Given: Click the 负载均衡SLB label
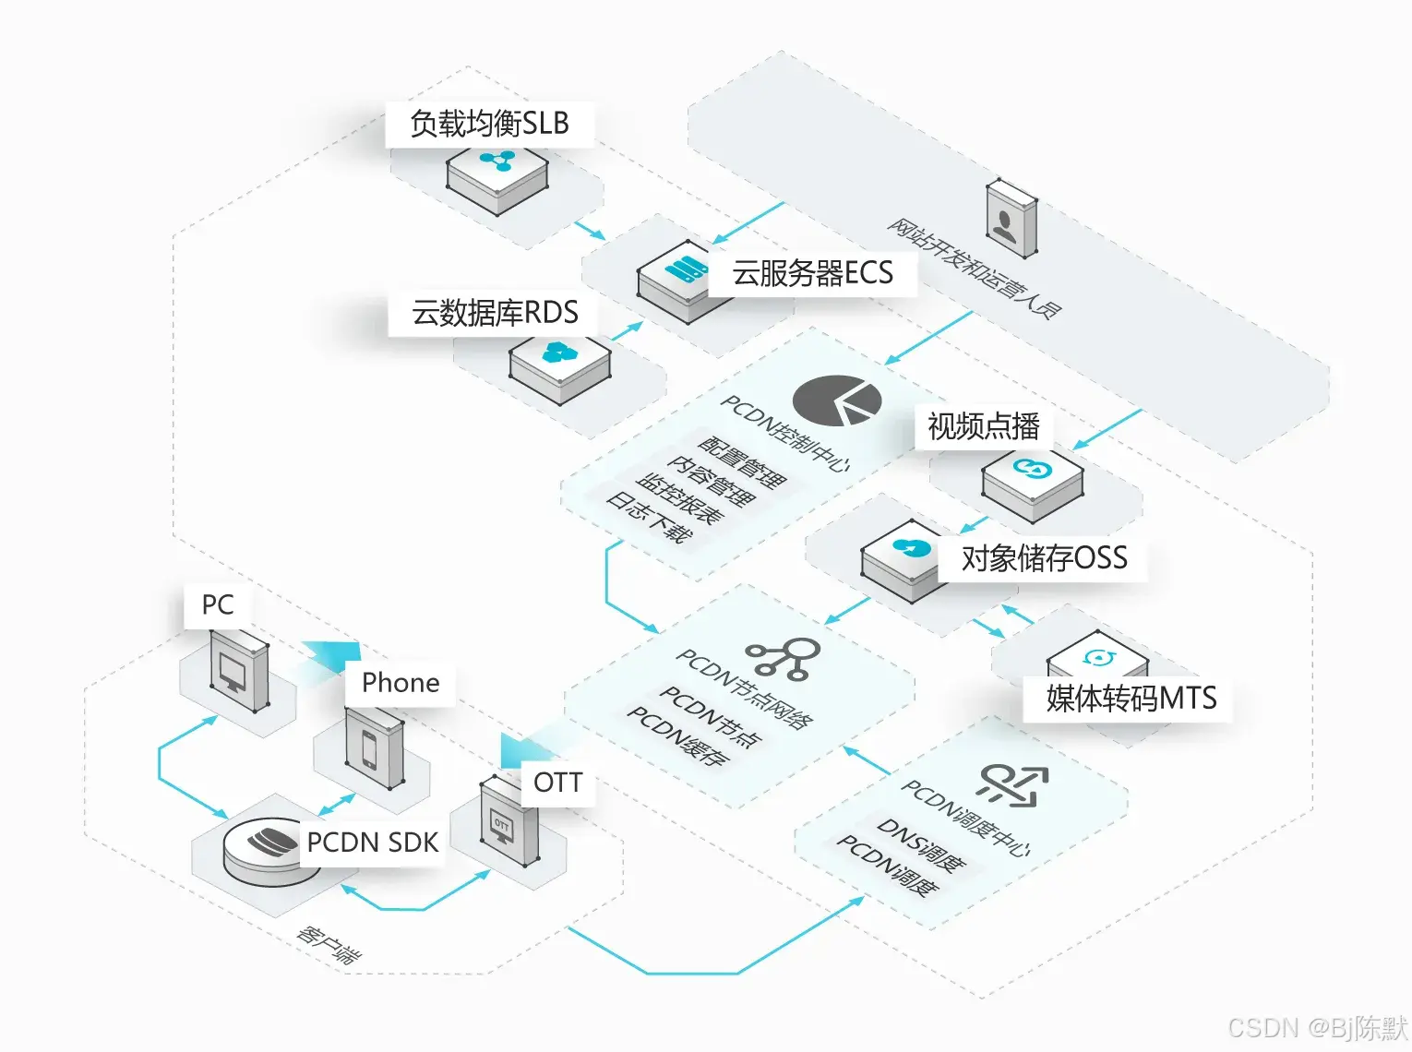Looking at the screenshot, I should [x=489, y=124].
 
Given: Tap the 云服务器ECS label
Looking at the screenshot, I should [x=812, y=273].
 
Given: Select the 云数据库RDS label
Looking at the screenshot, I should [x=495, y=313].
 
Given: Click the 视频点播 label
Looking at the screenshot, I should [x=983, y=426].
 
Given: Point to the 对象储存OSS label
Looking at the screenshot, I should [x=1044, y=558].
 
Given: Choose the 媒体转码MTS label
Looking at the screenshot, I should [x=1131, y=699].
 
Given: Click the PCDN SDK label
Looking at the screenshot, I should [x=372, y=843].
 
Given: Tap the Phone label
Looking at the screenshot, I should [x=401, y=683].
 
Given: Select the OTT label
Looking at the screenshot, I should [x=557, y=783].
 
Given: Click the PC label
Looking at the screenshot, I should [x=218, y=605].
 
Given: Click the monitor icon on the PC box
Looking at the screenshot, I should [x=229, y=671].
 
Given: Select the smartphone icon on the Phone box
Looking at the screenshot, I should [x=369, y=749].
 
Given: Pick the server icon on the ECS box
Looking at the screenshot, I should [x=685, y=269].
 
